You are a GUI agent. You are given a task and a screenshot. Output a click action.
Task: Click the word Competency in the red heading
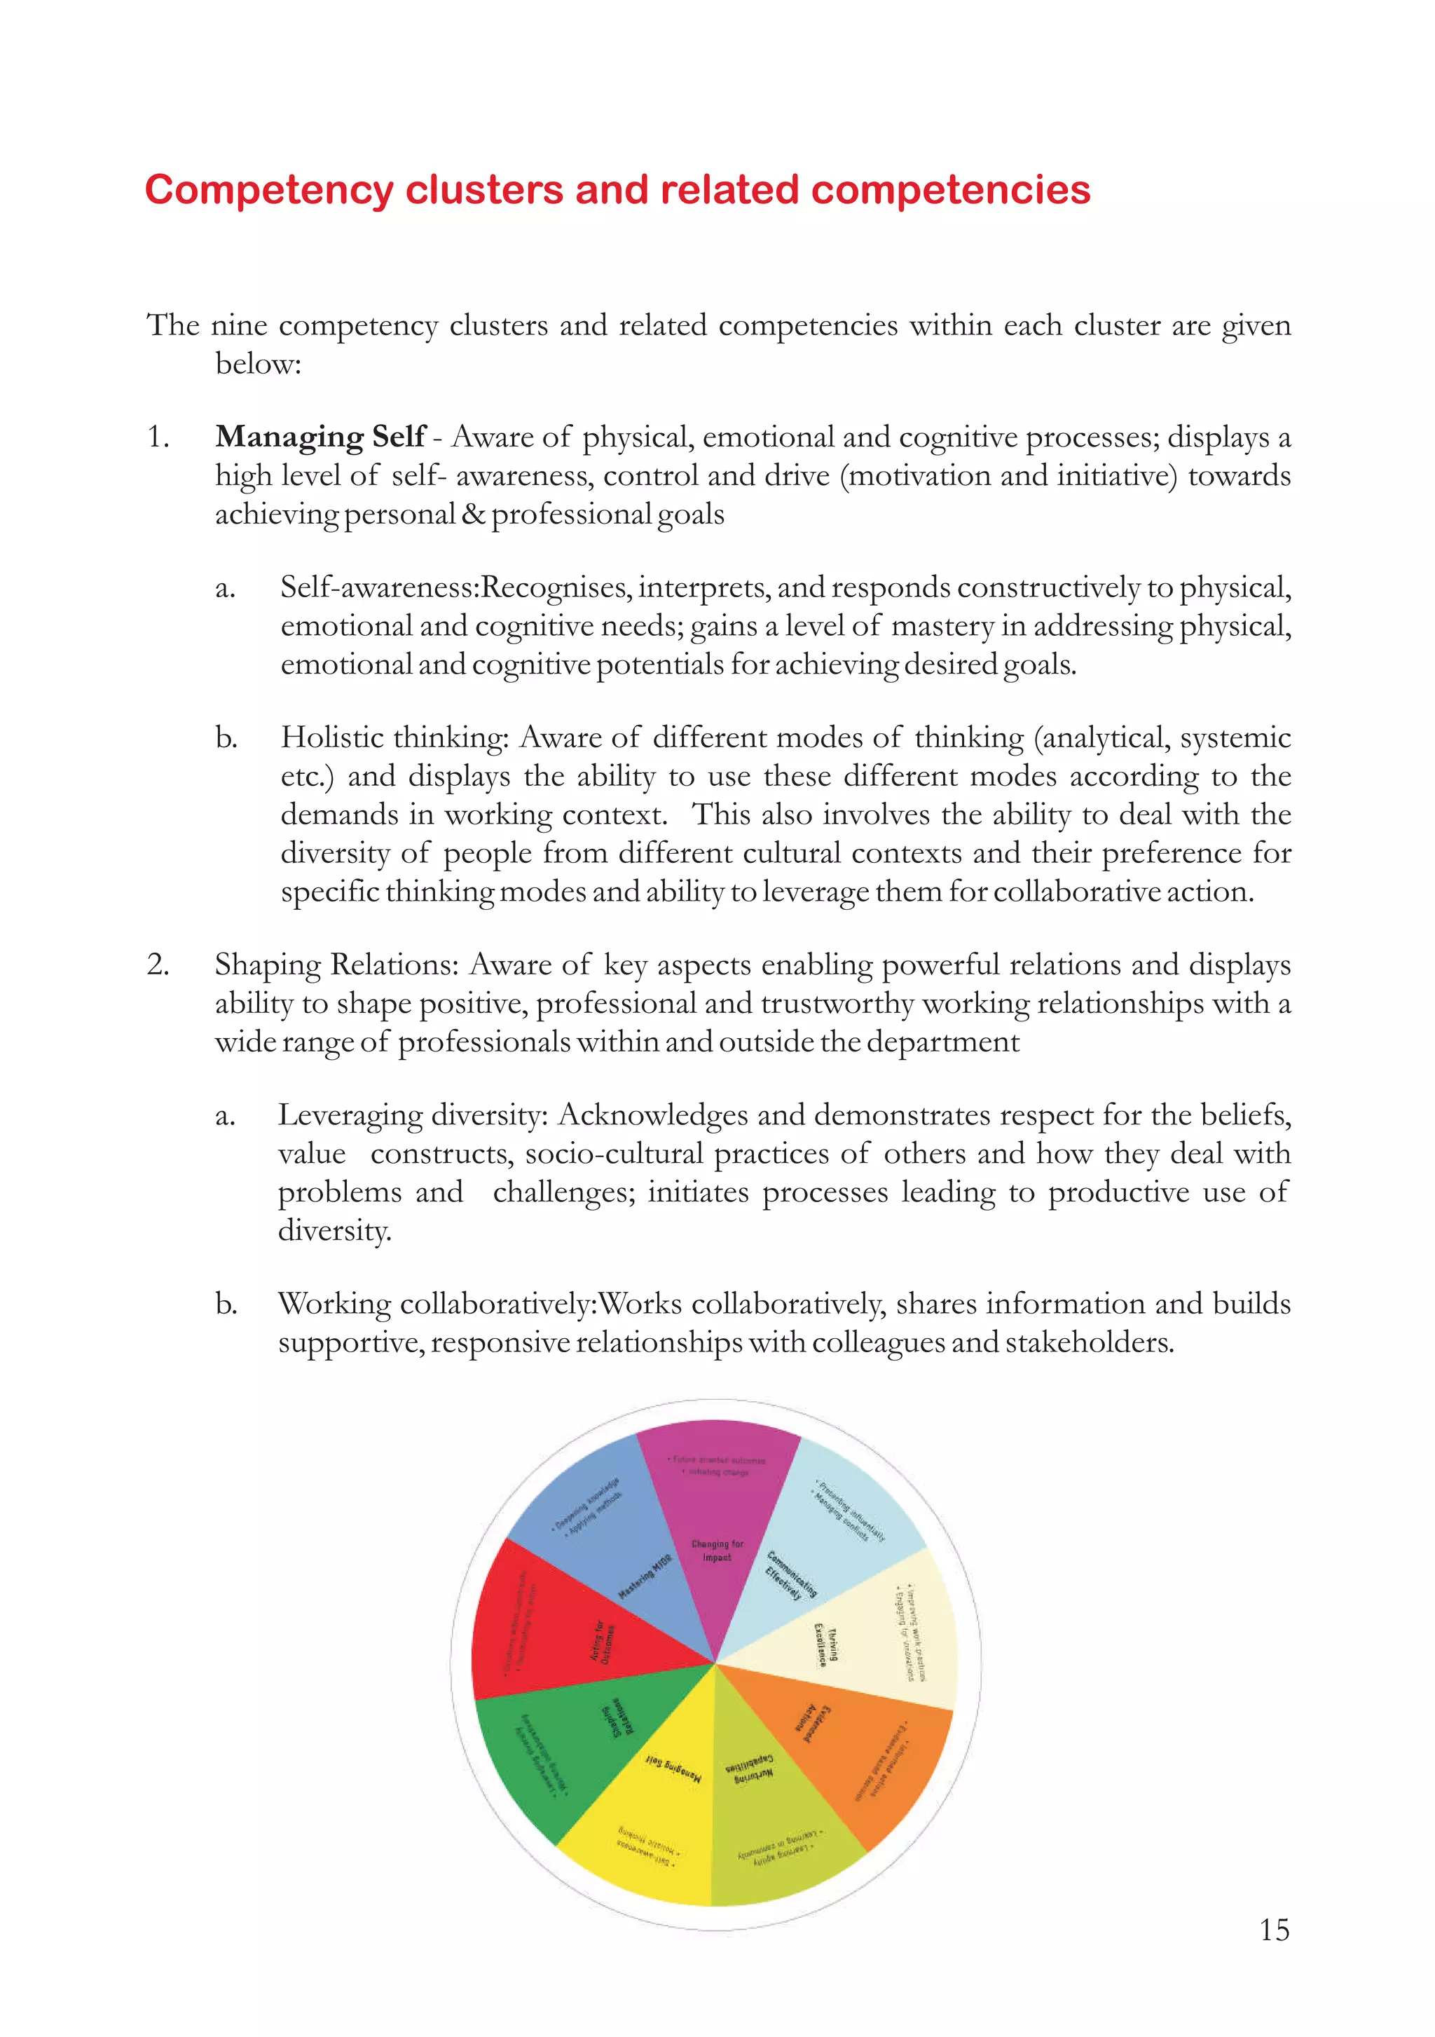point(269,191)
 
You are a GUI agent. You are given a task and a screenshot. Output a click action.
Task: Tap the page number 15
point(1274,1930)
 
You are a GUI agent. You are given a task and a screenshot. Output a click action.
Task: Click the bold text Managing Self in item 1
point(320,437)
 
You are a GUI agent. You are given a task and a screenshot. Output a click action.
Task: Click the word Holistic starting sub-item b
point(333,737)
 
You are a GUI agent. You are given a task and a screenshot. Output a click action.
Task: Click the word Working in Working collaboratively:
point(334,1304)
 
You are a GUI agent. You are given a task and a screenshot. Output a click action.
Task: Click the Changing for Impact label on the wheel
point(717,1551)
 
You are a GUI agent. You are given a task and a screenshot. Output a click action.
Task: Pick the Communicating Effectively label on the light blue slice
point(790,1575)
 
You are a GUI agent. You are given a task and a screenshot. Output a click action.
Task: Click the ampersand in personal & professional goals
point(473,515)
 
